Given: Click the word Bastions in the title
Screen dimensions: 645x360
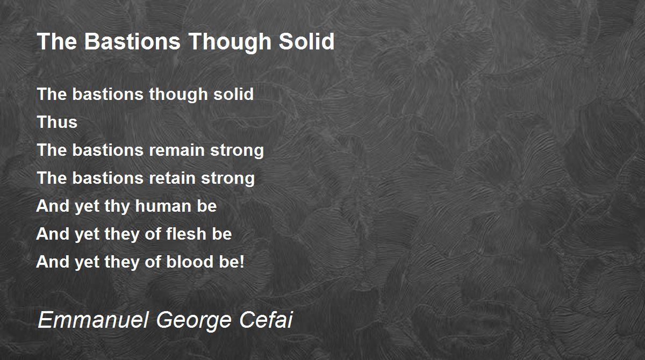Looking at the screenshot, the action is coord(132,41).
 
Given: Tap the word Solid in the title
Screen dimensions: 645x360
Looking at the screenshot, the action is coord(307,41).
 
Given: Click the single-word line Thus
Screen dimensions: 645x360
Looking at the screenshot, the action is coord(58,122).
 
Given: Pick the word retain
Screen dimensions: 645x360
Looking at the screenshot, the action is coord(172,178).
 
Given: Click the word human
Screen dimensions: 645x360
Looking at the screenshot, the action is coord(163,206).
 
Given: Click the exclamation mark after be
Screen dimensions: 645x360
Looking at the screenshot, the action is coord(242,262).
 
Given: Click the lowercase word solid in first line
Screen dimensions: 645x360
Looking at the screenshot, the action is coord(233,94).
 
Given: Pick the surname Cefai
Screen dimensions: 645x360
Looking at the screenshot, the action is coord(266,320).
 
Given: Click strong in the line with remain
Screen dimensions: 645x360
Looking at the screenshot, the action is coord(237,152).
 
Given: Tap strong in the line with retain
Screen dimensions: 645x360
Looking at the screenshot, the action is coord(228,179).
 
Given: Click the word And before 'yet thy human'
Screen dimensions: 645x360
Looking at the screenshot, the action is coord(53,206).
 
